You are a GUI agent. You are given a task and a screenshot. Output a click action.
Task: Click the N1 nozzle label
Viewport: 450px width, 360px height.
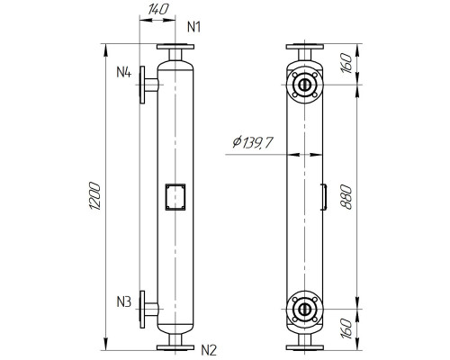point(193,27)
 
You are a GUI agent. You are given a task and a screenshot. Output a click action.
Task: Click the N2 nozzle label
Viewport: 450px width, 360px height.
point(209,349)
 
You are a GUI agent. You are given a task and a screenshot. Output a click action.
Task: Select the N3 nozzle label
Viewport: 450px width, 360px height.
point(124,301)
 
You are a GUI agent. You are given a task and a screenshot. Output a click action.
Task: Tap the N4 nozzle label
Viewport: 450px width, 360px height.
point(124,71)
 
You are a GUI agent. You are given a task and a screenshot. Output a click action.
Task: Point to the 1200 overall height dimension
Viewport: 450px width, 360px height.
point(96,196)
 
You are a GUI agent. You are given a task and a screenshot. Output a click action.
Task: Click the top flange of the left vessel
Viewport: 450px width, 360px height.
point(173,46)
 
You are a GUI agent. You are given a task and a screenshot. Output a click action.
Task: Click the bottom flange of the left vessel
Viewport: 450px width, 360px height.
point(173,346)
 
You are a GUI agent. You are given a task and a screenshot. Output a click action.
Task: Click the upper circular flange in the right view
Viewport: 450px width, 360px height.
point(305,85)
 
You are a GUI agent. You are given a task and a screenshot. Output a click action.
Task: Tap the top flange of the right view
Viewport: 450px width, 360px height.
point(305,46)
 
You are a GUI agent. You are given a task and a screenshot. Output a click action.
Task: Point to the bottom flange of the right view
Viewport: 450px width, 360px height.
point(305,346)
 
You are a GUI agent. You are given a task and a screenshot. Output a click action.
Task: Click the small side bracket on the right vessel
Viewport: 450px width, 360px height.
point(324,196)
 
